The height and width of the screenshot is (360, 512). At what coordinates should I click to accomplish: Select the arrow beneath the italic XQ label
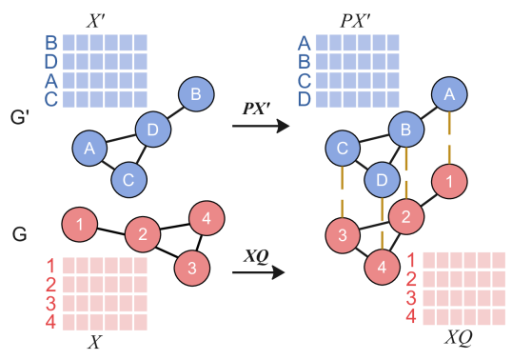point(259,273)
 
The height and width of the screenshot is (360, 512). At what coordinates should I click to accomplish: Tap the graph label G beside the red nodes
point(19,233)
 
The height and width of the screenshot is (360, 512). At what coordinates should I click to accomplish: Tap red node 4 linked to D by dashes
point(382,269)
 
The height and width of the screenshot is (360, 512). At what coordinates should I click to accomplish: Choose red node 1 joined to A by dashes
point(448,181)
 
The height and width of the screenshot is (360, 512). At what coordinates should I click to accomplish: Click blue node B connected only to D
point(195,93)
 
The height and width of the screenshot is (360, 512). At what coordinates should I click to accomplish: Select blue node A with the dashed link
point(448,93)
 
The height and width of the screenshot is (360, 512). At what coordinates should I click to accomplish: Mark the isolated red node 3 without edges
point(191,269)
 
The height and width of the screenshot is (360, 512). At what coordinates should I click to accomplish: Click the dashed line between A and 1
point(448,137)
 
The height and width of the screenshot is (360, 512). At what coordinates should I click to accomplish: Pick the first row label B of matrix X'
point(50,43)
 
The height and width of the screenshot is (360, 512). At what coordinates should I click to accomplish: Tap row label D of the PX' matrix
point(305,99)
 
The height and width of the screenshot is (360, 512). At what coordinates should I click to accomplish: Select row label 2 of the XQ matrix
point(411,279)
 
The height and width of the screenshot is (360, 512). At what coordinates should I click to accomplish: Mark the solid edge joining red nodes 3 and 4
point(363,252)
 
